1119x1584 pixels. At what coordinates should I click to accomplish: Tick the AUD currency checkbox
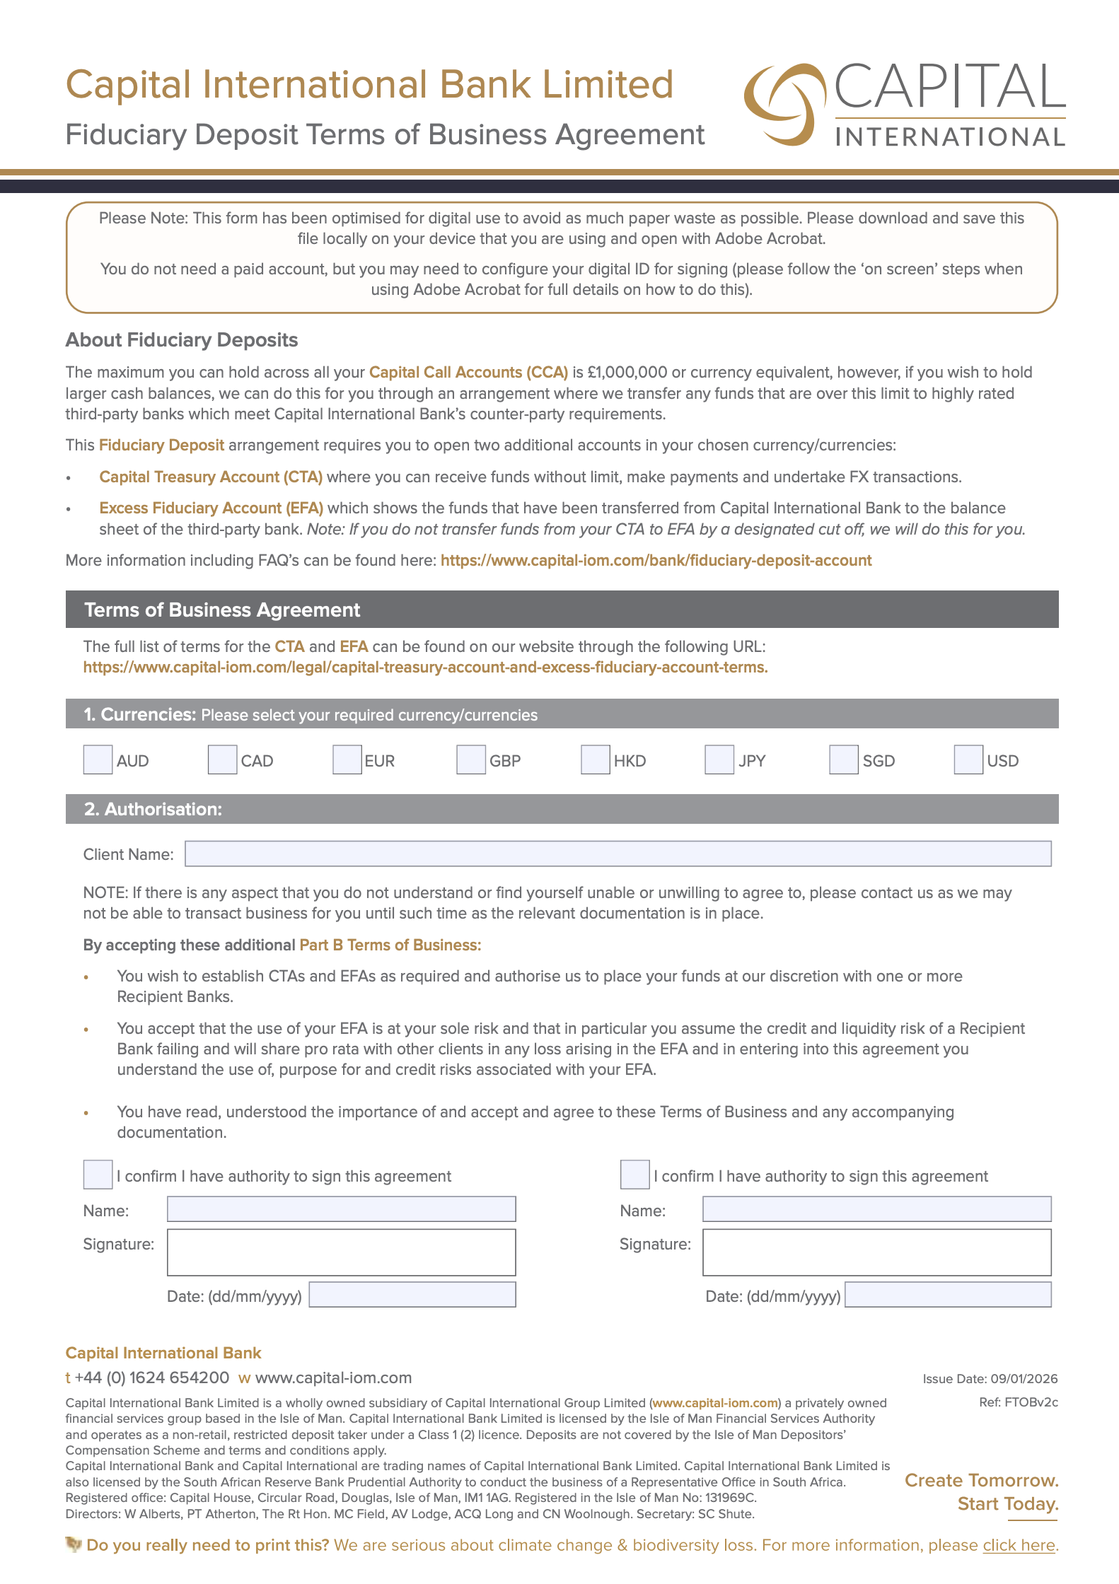tap(98, 759)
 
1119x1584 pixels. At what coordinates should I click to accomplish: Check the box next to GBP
tap(470, 759)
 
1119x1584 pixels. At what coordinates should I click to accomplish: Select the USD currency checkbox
tap(968, 759)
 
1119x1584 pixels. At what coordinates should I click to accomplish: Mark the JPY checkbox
tap(719, 759)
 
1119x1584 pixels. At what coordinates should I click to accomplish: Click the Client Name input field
tap(618, 854)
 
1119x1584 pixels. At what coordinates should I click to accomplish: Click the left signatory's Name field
tap(341, 1209)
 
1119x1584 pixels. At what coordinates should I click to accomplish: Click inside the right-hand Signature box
tap(876, 1252)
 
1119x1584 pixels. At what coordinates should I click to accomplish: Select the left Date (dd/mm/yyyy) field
tap(412, 1295)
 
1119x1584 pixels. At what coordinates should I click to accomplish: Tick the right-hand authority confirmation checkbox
tap(634, 1175)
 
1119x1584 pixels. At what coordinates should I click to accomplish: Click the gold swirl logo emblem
tap(784, 105)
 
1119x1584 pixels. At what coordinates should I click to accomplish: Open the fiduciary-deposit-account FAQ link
tap(656, 561)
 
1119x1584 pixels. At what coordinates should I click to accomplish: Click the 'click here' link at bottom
tap(1019, 1546)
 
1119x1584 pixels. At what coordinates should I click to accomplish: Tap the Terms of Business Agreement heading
tap(222, 610)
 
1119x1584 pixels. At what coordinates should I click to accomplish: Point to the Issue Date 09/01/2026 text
tap(990, 1379)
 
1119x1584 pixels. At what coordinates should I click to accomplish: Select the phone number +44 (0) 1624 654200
tap(151, 1378)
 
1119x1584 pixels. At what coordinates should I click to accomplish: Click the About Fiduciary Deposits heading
tap(182, 340)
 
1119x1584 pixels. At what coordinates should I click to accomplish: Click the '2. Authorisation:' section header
tap(153, 809)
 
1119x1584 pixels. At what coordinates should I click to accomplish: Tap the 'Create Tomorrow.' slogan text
tap(981, 1481)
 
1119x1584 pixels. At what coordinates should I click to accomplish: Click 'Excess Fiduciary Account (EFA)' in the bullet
tap(211, 508)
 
